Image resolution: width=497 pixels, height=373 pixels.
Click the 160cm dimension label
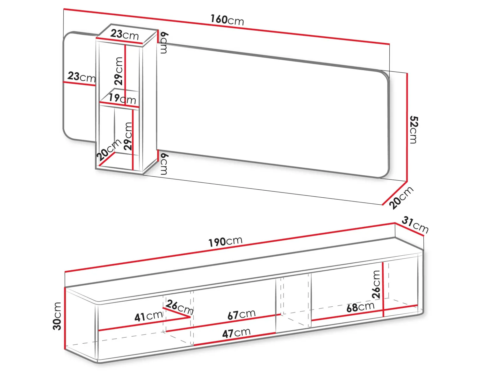pyautogui.click(x=227, y=20)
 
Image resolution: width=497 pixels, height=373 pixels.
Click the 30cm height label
pyautogui.click(x=57, y=316)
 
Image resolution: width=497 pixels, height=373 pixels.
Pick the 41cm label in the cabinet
pyautogui.click(x=148, y=316)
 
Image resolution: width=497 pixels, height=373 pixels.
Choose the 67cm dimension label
pyautogui.click(x=241, y=314)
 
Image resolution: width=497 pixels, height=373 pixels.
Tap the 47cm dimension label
pyautogui.click(x=236, y=333)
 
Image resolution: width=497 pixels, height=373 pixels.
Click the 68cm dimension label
pyautogui.click(x=360, y=307)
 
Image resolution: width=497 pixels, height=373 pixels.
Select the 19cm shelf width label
pyautogui.click(x=122, y=99)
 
